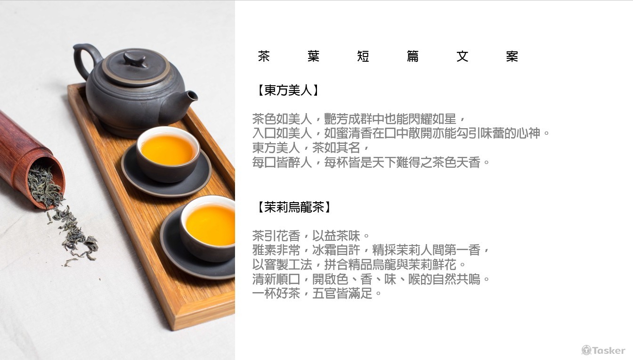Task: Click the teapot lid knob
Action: coord(136,59)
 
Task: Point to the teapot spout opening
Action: coord(192,96)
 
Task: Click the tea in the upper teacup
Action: coord(168,149)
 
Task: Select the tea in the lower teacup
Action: coord(211,225)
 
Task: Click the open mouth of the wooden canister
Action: coord(46,184)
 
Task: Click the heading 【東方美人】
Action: coord(288,90)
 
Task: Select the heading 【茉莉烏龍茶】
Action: coord(294,207)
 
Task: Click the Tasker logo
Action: coord(603,350)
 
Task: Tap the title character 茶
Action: coord(264,56)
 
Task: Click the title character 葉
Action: coord(313,56)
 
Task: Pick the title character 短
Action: coord(363,56)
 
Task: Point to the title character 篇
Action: coord(413,56)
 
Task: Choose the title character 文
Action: coord(463,56)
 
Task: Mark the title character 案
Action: coord(512,56)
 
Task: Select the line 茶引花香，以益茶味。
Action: coord(311,236)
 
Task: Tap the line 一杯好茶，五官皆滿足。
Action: coord(317,293)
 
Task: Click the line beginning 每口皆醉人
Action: coord(371,162)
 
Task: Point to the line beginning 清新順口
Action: coord(371,279)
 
